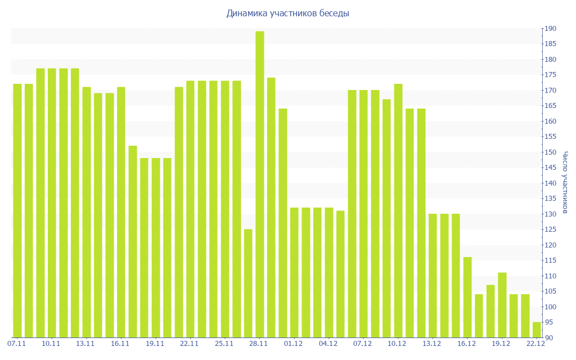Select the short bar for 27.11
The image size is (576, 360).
[x=248, y=283]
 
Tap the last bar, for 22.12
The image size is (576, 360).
[x=537, y=330]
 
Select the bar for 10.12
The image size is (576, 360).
[x=398, y=210]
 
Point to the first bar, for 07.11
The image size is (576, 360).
[x=17, y=210]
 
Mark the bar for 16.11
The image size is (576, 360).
[x=121, y=212]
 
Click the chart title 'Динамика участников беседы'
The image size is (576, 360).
[x=287, y=13]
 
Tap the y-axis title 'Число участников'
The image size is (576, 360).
[x=565, y=182]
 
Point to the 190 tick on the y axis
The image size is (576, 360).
[x=550, y=29]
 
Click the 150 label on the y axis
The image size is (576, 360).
[x=550, y=152]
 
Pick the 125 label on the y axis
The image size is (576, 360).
[x=550, y=229]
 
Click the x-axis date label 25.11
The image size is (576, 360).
[x=224, y=344]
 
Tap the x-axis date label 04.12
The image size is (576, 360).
[x=328, y=344]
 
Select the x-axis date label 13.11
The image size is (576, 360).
[x=85, y=344]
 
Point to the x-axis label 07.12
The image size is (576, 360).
[x=363, y=344]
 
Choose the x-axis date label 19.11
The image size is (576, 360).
[x=155, y=344]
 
